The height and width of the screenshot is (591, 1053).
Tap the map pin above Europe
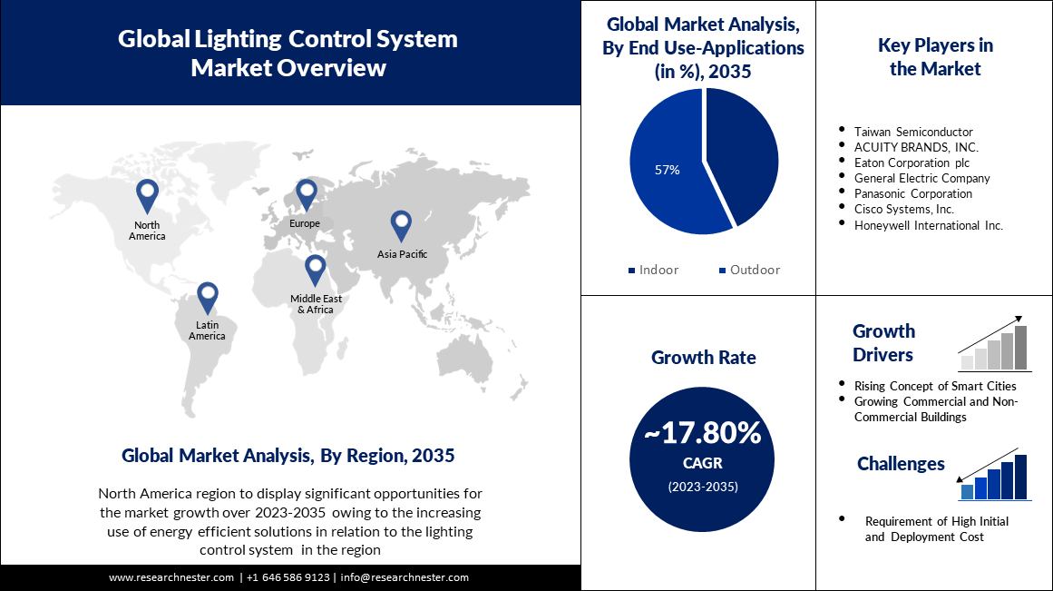pyautogui.click(x=306, y=194)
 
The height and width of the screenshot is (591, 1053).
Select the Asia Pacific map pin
pyautogui.click(x=401, y=225)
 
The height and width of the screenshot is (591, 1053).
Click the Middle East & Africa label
pyautogui.click(x=312, y=304)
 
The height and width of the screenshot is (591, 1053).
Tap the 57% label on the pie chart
pyautogui.click(x=667, y=170)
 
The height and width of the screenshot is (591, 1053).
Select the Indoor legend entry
pyautogui.click(x=653, y=270)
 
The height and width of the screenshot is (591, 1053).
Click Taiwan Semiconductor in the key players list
pyautogui.click(x=913, y=132)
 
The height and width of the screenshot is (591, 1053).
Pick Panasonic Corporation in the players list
pyautogui.click(x=913, y=193)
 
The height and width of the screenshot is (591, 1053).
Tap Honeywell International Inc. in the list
pyautogui.click(x=928, y=225)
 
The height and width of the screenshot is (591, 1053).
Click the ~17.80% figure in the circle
pyautogui.click(x=703, y=434)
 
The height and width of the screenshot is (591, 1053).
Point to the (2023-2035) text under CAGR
pyautogui.click(x=703, y=487)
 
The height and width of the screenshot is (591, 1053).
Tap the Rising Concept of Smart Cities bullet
pyautogui.click(x=935, y=386)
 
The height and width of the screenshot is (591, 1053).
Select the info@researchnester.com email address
pyautogui.click(x=405, y=577)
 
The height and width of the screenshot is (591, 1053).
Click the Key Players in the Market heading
pyautogui.click(x=935, y=56)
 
